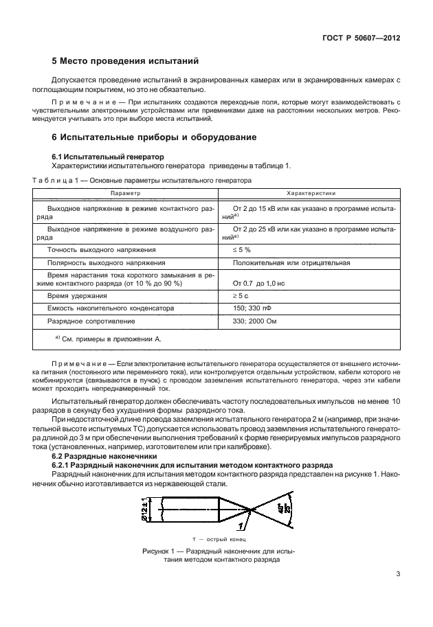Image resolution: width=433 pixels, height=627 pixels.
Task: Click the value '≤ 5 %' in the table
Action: coord(242,249)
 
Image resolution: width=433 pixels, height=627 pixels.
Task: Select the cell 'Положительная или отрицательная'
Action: coord(291,262)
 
